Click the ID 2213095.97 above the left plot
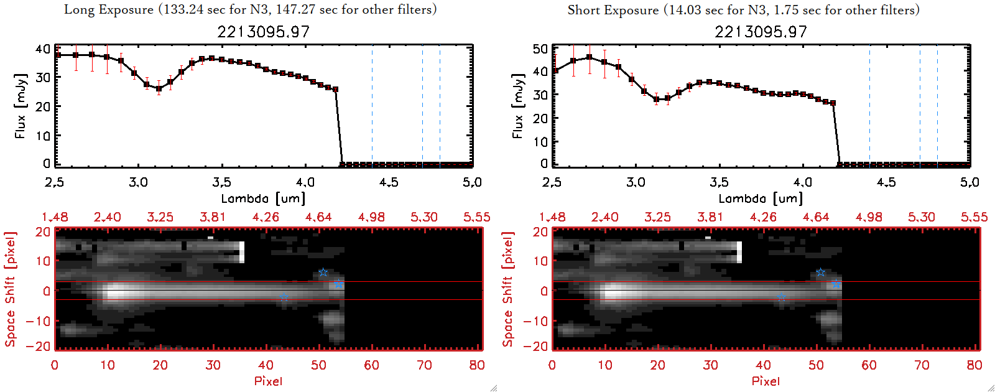point(263,32)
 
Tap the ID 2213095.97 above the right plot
point(761,32)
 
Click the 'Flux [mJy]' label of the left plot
point(21,106)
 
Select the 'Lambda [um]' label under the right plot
point(761,198)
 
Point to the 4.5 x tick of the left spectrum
point(389,182)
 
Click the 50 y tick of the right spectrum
point(540,49)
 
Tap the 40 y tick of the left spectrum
point(43,49)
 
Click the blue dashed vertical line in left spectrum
point(372,106)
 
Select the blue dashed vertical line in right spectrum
point(869,106)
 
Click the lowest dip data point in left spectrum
point(159,88)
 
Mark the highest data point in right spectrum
point(589,57)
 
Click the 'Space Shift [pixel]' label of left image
point(10,289)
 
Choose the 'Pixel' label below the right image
point(766,381)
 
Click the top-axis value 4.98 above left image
point(371,217)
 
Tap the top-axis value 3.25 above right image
point(657,217)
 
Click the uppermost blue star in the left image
point(323,273)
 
